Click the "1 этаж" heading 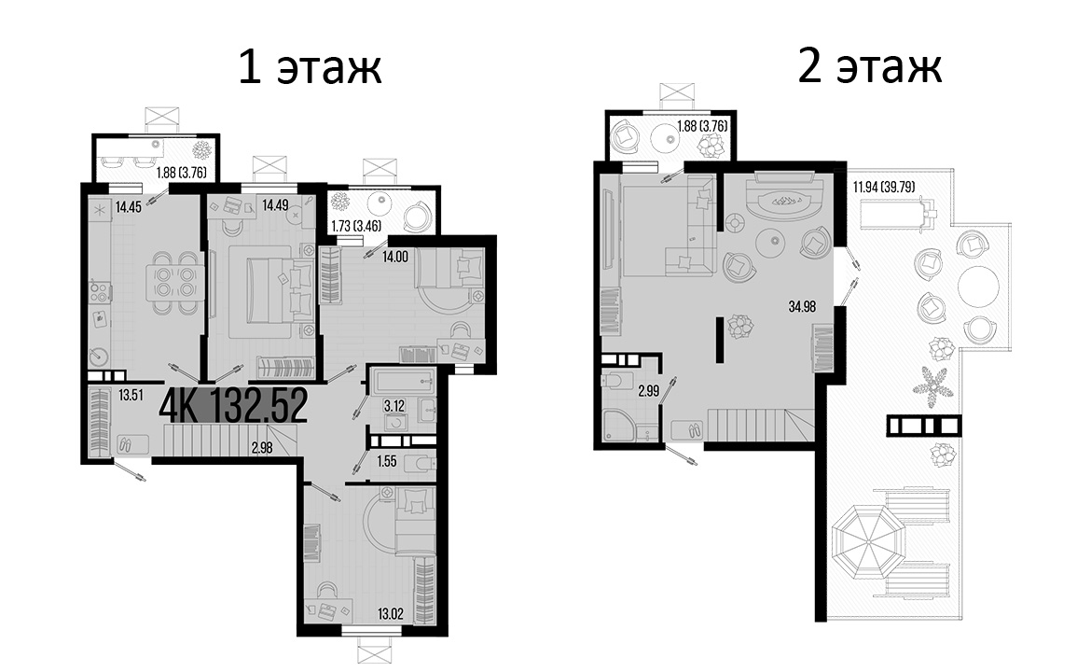pyautogui.click(x=310, y=68)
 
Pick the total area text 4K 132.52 pyautogui.click(x=234, y=406)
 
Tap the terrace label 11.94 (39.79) pyautogui.click(x=882, y=187)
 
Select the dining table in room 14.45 pyautogui.click(x=175, y=280)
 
